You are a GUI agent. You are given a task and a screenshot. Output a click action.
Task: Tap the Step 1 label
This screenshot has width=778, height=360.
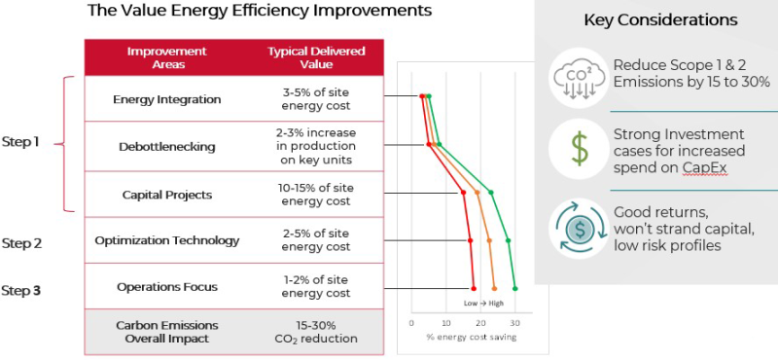[x=20, y=142]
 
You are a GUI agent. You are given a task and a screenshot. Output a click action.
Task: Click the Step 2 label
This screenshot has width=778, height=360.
[x=20, y=243]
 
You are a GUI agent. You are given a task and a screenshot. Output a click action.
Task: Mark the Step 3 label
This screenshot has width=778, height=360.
[x=20, y=290]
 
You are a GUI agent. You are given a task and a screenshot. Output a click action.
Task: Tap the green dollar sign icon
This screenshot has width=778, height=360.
[x=579, y=148]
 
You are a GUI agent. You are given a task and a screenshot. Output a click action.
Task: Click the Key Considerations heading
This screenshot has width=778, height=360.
[x=659, y=20]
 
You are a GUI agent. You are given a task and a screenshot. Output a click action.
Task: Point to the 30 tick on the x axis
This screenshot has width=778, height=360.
[x=514, y=322]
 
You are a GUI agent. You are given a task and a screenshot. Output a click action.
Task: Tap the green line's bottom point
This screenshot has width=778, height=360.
[x=514, y=288]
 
